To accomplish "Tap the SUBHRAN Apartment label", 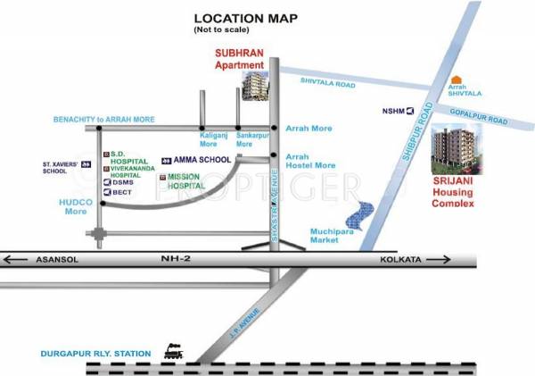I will pyautogui.click(x=240, y=59).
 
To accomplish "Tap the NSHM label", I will pyautogui.click(x=393, y=112).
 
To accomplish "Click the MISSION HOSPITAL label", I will pyautogui.click(x=186, y=182).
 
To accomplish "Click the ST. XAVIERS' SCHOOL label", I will pyautogui.click(x=66, y=168).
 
